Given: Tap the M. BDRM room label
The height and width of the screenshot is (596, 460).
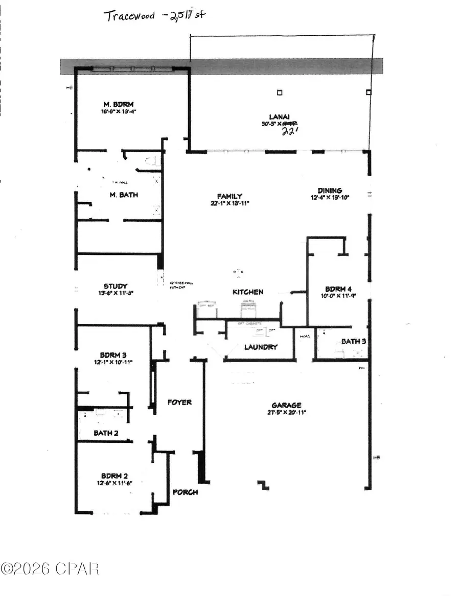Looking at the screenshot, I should (x=118, y=104).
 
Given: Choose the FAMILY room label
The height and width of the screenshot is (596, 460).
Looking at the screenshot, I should (x=229, y=196).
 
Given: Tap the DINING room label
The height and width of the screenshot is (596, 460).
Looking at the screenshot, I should (x=329, y=190).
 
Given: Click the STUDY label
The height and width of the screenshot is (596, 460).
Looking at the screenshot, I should (x=116, y=287).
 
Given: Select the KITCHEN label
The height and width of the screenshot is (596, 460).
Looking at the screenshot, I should (x=248, y=292).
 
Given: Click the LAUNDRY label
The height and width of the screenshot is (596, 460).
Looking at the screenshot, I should (x=261, y=347).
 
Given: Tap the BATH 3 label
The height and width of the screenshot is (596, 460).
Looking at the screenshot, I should (x=351, y=341).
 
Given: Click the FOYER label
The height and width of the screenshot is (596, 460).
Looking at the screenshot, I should (x=180, y=402).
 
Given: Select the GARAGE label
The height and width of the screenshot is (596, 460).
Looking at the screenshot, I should (x=286, y=405).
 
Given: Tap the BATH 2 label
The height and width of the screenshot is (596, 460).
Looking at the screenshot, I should (x=106, y=433).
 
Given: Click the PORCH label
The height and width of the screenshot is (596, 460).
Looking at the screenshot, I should (x=185, y=492).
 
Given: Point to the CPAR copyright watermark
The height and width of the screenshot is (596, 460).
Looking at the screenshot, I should (x=50, y=568).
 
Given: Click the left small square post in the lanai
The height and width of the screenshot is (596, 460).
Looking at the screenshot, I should (x=279, y=92).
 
